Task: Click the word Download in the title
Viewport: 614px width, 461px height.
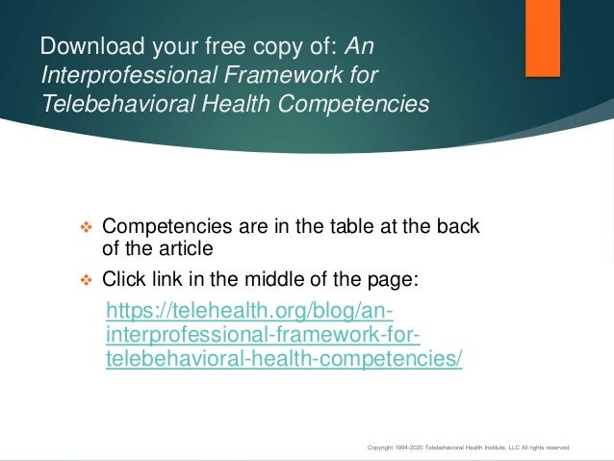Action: (87, 45)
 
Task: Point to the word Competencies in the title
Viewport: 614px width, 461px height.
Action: (355, 103)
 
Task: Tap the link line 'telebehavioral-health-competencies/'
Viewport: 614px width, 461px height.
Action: (283, 358)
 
